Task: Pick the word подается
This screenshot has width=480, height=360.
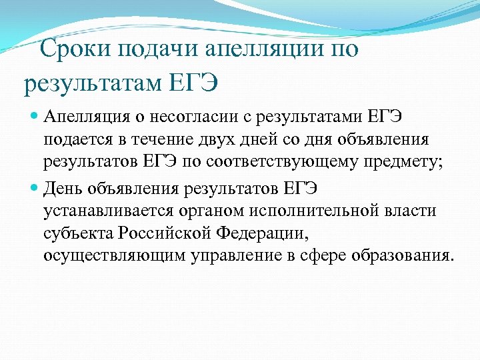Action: pos(75,141)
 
